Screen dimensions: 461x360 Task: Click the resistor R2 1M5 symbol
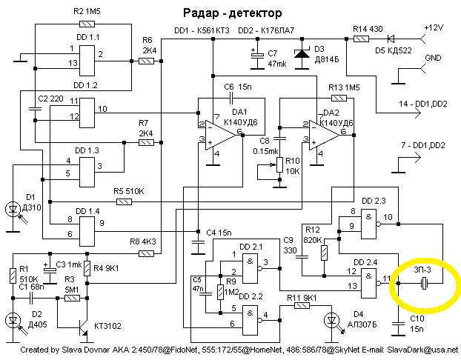tap(87, 24)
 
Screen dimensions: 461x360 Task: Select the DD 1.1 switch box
tap(87, 61)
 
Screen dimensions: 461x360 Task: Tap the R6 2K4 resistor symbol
tap(146, 61)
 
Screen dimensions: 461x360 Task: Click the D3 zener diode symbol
tap(302, 54)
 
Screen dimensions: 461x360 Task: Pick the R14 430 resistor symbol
tap(361, 39)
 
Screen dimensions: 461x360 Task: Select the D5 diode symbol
tap(391, 39)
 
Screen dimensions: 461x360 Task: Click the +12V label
tap(434, 27)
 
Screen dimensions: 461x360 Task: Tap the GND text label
tap(433, 58)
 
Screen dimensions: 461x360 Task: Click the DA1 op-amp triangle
tap(220, 135)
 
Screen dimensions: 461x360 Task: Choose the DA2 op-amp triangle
tap(324, 135)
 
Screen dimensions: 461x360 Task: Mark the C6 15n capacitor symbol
tap(231, 99)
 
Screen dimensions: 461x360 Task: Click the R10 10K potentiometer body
tap(279, 164)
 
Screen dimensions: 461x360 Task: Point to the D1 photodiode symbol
tap(13, 209)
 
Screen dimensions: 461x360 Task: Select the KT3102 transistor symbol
tap(83, 327)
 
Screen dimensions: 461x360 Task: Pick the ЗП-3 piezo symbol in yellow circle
tap(424, 283)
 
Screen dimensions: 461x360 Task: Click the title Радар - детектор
tap(232, 13)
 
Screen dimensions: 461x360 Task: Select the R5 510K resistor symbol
tap(124, 202)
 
